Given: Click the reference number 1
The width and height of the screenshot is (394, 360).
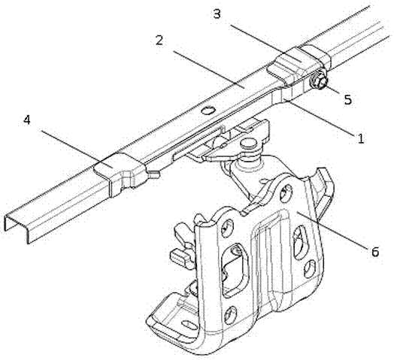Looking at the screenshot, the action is click(361, 139).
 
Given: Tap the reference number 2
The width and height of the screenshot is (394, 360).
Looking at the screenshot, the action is click(159, 40).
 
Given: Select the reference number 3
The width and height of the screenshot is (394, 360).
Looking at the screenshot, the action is click(217, 14).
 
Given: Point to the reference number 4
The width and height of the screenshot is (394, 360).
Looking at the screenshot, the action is click(27, 119).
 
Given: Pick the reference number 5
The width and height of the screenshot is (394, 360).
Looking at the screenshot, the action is click(348, 99).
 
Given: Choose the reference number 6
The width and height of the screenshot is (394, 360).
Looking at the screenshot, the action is click(374, 252).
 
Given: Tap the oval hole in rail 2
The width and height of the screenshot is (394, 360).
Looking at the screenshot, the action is click(209, 110).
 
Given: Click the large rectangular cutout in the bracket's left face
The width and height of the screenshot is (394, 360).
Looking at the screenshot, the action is click(235, 270).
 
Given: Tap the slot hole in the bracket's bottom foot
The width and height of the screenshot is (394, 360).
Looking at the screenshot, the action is click(189, 324).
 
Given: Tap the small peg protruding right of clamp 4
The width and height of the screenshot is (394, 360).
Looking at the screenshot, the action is click(154, 174).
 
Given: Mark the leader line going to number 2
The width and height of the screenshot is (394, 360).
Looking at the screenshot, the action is click(209, 70).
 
